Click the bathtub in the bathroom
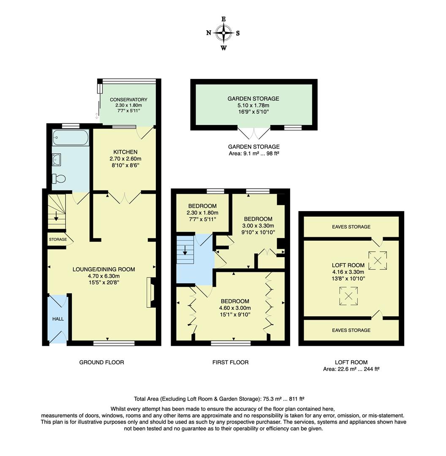[71, 138]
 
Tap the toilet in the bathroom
[59, 179]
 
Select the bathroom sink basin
[57, 159]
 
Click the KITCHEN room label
[125, 152]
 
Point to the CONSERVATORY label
[128, 100]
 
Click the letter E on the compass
[223, 19]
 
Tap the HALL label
[58, 319]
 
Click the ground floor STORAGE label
[58, 239]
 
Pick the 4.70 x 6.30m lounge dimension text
[104, 276]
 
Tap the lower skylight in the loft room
[349, 296]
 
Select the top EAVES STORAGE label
[351, 227]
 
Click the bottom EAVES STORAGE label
[351, 330]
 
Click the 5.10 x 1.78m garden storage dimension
[253, 106]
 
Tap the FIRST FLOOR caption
[230, 362]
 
